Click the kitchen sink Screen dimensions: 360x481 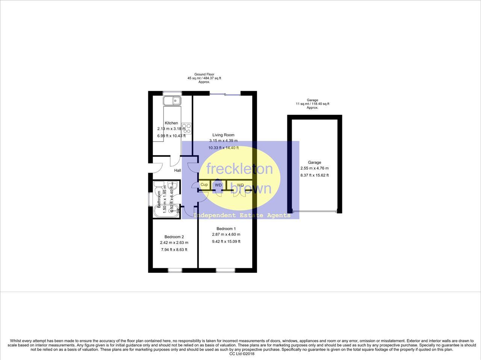coord(172,101)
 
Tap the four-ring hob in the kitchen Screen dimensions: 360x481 coord(187,128)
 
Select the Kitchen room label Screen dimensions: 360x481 coord(171,123)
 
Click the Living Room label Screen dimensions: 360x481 coord(223,135)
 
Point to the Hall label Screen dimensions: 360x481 coord(177,170)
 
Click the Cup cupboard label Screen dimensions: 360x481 coord(204,185)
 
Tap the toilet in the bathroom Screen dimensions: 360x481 coord(159,186)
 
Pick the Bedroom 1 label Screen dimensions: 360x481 coord(226,229)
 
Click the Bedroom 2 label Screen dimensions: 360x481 coord(174,237)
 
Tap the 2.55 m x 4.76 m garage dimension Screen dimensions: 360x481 coord(314,169)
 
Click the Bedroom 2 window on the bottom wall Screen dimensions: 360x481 coord(174,270)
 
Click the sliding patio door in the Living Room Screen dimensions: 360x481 coord(225,94)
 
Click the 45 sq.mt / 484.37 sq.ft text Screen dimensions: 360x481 coord(204,78)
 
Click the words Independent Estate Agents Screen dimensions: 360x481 coord(242,215)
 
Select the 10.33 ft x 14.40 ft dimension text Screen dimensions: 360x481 coord(223,148)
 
